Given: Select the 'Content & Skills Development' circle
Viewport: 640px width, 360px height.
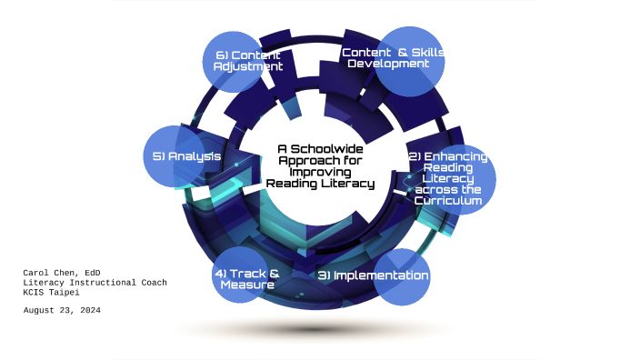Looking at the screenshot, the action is click(x=409, y=60).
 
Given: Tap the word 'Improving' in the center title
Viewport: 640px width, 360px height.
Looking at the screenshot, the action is click(x=320, y=171).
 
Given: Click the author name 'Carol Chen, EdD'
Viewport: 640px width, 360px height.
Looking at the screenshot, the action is click(x=61, y=272).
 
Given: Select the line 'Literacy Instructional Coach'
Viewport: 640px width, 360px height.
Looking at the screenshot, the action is click(x=95, y=282).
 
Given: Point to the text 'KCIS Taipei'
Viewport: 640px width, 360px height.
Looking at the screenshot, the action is click(x=51, y=292).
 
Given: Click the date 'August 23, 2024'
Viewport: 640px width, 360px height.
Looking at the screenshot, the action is click(x=62, y=310).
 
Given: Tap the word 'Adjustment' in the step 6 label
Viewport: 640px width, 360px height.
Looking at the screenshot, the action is click(x=248, y=67).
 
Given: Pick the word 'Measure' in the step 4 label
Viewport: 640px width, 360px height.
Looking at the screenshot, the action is click(x=247, y=285).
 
